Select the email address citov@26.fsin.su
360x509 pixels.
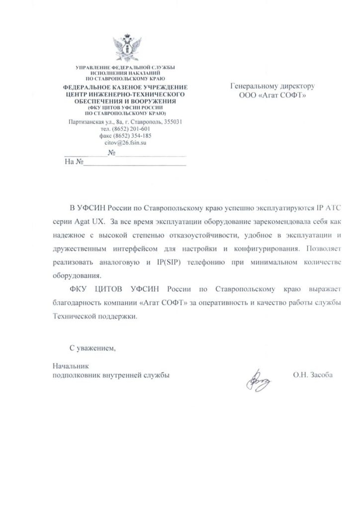coord(125,143)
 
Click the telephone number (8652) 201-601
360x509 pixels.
coord(132,129)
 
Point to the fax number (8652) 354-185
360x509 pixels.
coord(132,136)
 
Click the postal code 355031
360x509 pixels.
coord(176,122)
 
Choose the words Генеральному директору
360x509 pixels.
coord(272,86)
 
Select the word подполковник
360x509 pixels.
coord(77,376)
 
